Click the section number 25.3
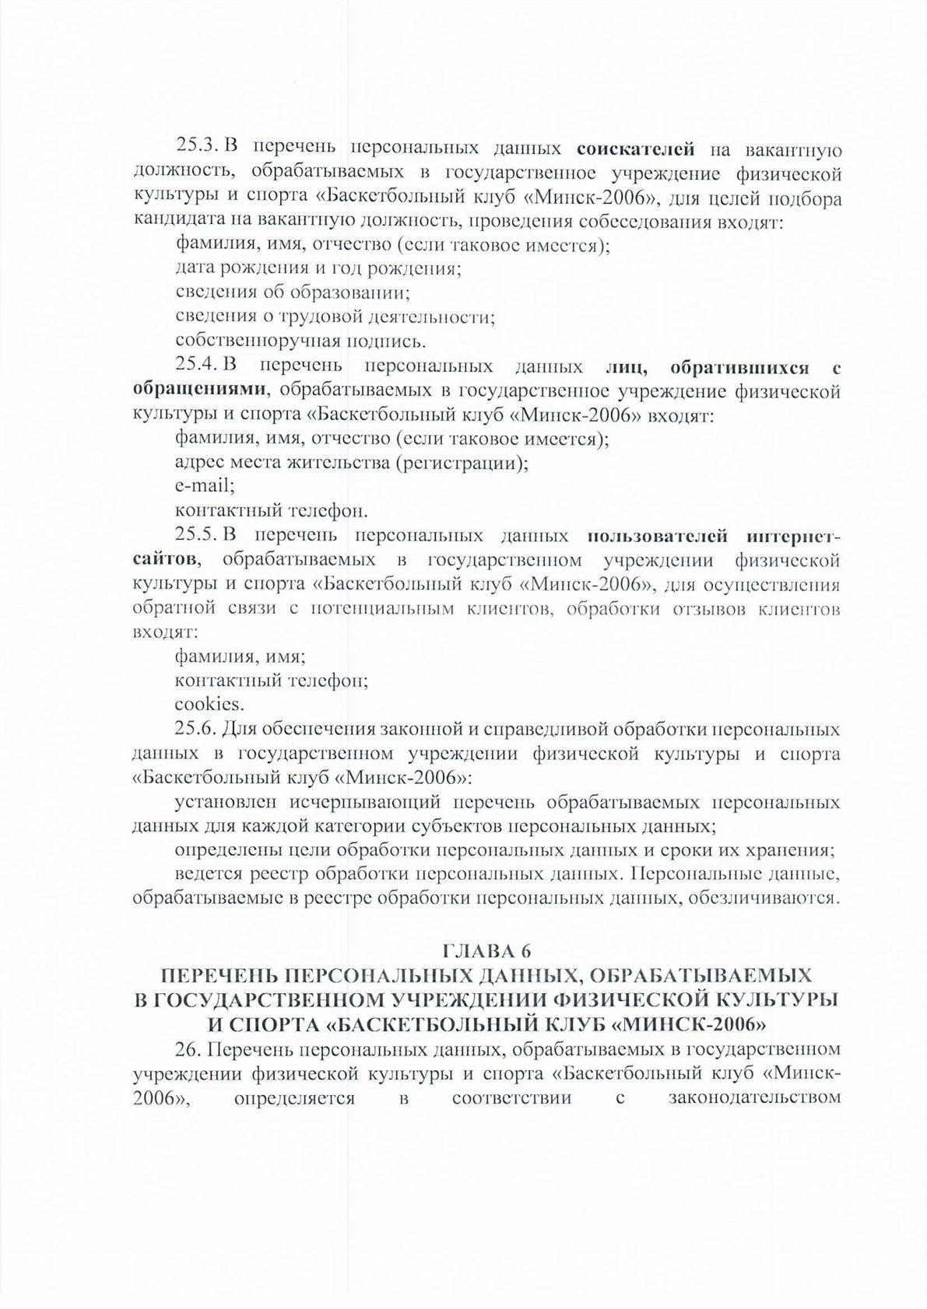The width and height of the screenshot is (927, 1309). [x=199, y=147]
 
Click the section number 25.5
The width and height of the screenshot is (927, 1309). [x=199, y=534]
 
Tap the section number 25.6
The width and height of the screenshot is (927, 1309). [x=199, y=730]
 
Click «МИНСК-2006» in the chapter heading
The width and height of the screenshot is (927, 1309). [x=683, y=1023]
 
